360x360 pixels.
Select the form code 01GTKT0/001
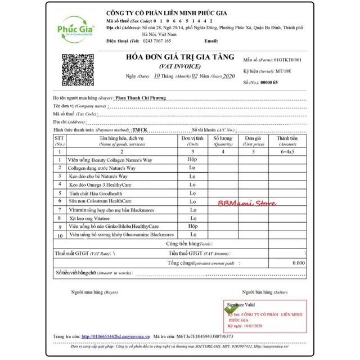[x=287, y=60]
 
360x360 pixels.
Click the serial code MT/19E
[x=286, y=71]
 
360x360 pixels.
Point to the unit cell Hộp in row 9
[x=192, y=226]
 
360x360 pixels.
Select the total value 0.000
[x=298, y=263]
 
